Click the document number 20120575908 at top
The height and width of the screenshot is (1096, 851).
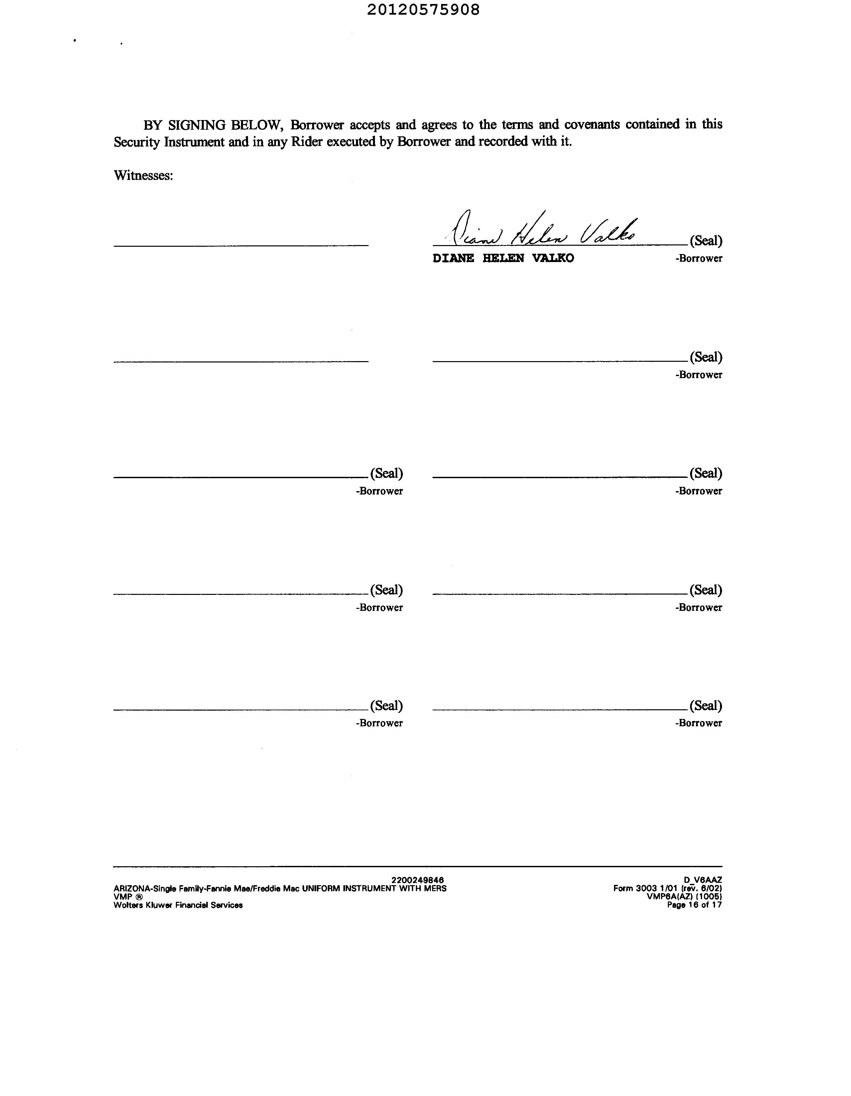[423, 10]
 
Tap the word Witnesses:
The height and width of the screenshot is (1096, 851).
[144, 175]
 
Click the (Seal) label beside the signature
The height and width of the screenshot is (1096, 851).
[705, 241]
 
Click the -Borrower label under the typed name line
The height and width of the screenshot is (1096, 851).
[698, 258]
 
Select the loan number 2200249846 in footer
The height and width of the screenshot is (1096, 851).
[418, 880]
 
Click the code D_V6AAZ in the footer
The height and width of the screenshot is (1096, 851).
[702, 880]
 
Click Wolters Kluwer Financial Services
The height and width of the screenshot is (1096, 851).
[178, 905]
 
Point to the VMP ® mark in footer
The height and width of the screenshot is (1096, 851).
[128, 897]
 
